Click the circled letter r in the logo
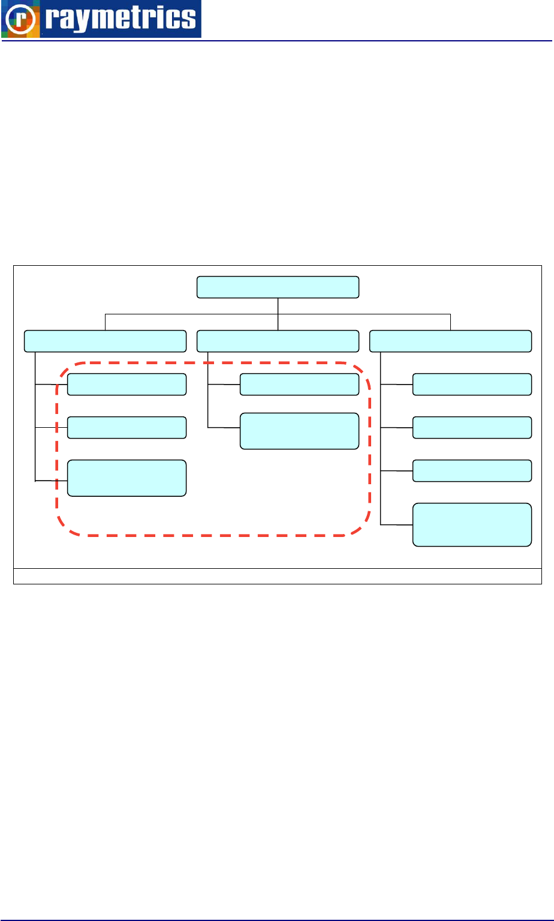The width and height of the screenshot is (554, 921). (21, 19)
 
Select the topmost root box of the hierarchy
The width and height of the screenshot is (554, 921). (278, 287)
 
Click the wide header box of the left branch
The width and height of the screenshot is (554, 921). (104, 341)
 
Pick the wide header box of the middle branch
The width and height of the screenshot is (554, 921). (278, 341)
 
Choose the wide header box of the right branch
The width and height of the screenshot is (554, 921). (450, 341)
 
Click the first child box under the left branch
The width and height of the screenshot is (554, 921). (127, 385)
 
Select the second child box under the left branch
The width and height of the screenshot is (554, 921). (127, 427)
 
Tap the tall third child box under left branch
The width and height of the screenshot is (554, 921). (127, 478)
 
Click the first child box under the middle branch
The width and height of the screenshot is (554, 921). (299, 385)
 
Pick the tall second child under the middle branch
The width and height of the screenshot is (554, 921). (299, 431)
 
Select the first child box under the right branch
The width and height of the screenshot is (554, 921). (472, 385)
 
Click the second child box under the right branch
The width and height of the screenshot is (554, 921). (472, 427)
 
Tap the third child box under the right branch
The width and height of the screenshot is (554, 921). (472, 470)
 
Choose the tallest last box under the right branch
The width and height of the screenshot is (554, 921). (472, 525)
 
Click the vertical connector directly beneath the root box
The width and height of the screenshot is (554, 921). (278, 306)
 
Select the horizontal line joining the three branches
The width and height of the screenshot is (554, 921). (192, 314)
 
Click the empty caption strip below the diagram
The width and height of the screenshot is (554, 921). (278, 576)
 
